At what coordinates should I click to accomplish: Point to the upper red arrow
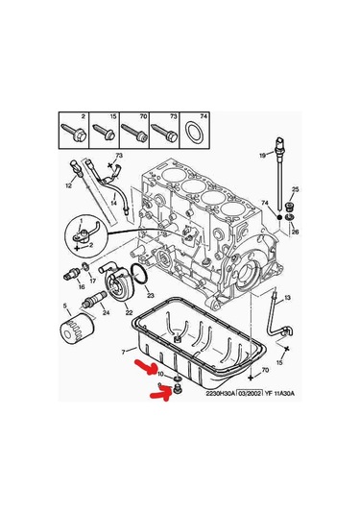145,367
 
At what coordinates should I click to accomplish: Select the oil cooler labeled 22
121,285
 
